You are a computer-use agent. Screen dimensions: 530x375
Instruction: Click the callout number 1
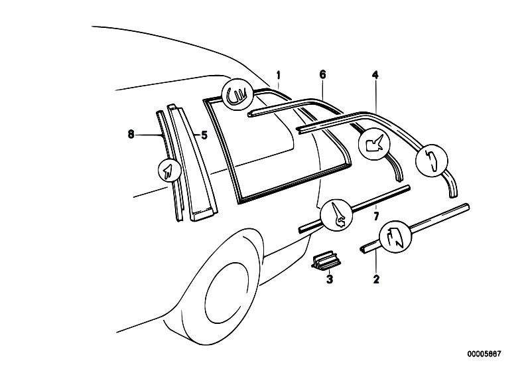point(279,74)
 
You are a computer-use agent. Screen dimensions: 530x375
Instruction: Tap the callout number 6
point(322,74)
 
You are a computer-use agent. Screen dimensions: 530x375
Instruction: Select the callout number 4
point(375,75)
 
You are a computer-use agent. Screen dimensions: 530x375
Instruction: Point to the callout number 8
point(131,135)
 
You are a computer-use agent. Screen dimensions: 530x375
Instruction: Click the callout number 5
point(204,135)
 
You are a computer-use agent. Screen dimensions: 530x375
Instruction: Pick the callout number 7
point(377,216)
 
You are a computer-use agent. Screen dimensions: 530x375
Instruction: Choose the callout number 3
point(330,279)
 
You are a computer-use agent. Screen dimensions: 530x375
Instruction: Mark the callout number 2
point(376,279)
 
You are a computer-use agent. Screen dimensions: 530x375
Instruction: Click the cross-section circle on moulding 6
point(374,142)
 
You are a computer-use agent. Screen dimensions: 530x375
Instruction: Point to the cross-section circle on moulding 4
point(432,160)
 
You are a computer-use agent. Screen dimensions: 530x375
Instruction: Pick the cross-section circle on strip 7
point(336,216)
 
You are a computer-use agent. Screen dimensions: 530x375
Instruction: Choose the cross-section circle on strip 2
point(396,238)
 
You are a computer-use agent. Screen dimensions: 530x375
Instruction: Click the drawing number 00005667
point(484,354)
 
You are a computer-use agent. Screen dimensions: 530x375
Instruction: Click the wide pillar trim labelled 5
point(192,163)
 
